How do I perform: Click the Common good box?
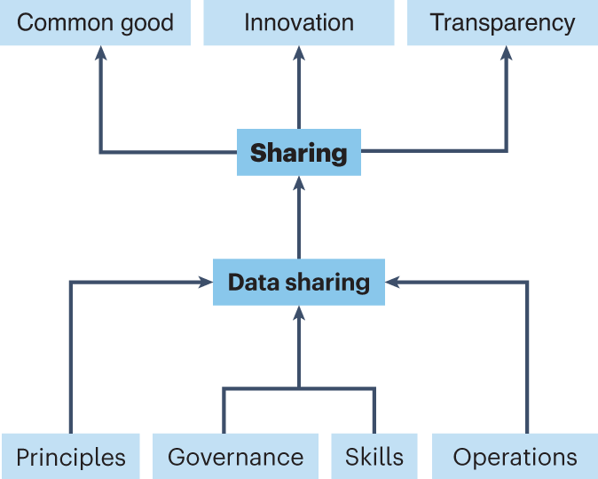95,22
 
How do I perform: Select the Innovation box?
298,22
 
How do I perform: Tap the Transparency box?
502,22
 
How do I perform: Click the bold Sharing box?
298,152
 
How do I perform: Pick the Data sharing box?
298,283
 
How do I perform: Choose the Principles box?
70,457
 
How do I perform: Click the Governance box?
235,457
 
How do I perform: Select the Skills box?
374,457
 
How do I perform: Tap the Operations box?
515,457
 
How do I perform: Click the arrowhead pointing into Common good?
100,53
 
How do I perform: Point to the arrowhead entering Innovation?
299,53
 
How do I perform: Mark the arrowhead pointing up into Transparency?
507,53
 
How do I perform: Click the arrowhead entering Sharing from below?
299,183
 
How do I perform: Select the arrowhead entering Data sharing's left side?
205,283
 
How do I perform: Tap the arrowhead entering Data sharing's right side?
392,283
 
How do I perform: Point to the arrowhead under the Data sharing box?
299,314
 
